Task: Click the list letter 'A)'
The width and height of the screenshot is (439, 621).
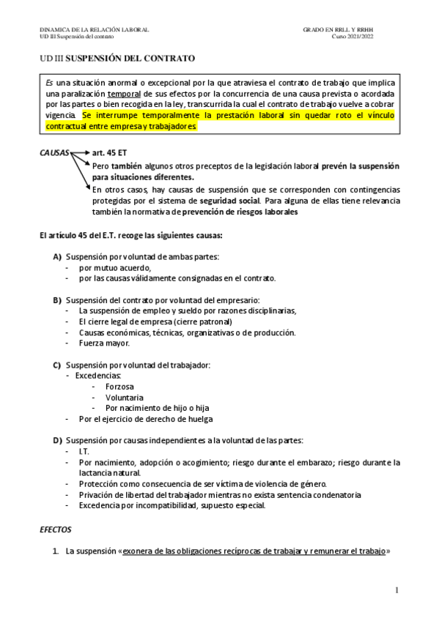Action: (57, 257)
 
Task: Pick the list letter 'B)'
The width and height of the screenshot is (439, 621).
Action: (57, 300)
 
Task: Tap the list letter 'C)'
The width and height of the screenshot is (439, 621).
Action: (57, 365)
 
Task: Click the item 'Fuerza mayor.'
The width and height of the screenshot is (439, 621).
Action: (104, 343)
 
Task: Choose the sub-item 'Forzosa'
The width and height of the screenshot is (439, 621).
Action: (119, 386)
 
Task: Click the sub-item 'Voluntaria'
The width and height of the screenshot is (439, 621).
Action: (123, 397)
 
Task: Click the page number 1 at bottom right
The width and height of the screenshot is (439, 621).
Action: (396, 590)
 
